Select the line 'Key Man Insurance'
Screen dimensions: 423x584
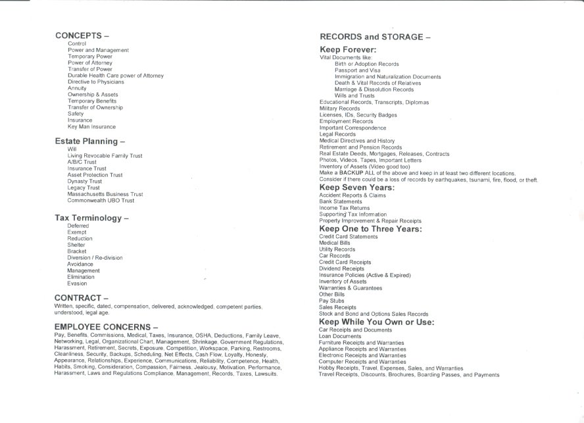click(x=91, y=127)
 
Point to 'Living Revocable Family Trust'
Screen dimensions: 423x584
click(x=105, y=156)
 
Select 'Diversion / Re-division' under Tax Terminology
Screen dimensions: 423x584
click(x=95, y=258)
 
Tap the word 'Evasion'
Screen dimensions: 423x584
click(x=77, y=284)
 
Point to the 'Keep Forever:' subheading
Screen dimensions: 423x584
click(x=348, y=49)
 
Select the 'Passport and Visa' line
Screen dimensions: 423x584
click(x=357, y=70)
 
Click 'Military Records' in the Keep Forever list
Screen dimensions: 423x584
click(x=335, y=109)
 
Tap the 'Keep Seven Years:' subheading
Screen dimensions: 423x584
click(x=357, y=187)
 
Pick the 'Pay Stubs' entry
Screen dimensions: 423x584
click(x=331, y=301)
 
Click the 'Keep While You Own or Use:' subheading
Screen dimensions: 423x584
click(x=376, y=322)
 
